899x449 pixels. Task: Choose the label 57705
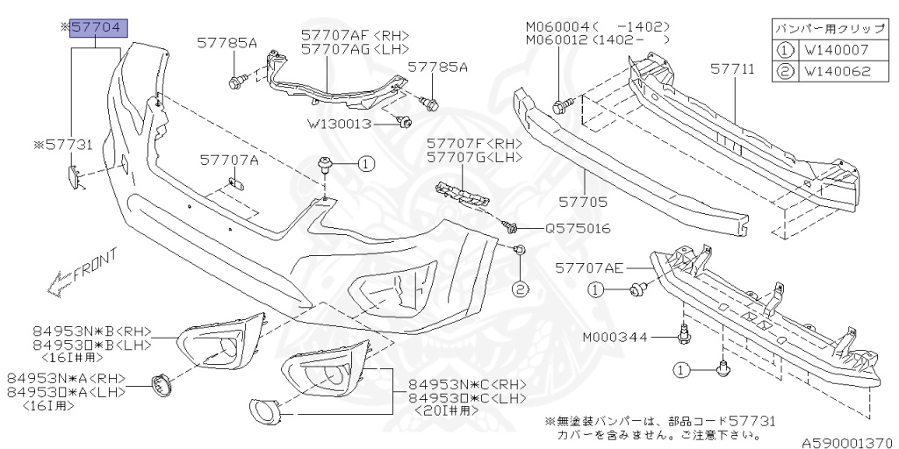[608, 201]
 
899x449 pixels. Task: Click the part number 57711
[729, 68]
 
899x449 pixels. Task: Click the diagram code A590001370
[847, 444]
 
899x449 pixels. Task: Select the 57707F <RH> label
[474, 143]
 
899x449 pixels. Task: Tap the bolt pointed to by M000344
[684, 334]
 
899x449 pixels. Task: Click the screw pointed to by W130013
[405, 122]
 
